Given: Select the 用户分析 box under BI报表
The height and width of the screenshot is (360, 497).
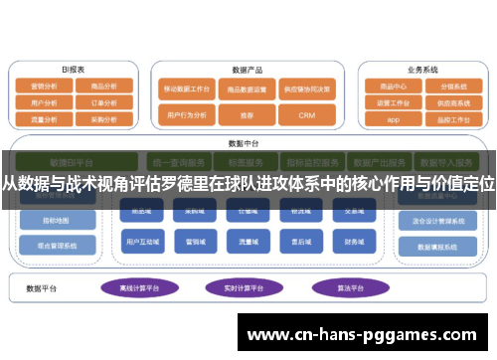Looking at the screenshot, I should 44,101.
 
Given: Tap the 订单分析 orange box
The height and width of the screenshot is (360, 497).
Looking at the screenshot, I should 103,101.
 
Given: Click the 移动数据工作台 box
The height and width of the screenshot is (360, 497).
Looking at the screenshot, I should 187,88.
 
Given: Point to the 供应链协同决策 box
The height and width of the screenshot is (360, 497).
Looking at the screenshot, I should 306,88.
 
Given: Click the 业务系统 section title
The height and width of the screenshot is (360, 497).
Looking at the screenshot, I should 422,71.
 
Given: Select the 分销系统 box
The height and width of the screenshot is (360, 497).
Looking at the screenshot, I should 452,87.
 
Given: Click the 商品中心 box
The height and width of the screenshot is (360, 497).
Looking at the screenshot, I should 393,87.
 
